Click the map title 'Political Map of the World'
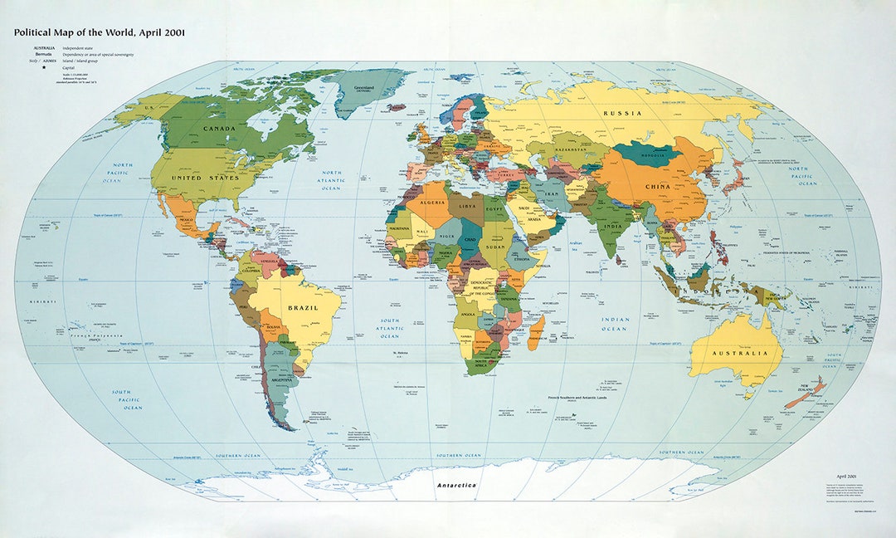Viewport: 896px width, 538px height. tap(99, 32)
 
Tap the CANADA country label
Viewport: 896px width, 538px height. tap(219, 129)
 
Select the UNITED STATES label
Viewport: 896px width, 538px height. tap(205, 178)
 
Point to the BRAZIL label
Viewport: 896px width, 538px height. tap(303, 307)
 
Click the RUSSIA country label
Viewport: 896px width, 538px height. tap(622, 113)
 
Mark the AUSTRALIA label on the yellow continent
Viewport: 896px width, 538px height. tap(735, 353)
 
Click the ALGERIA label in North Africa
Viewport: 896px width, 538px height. tap(436, 201)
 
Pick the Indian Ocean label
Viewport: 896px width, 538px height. tap(615, 324)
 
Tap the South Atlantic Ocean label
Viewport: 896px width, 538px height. tap(390, 328)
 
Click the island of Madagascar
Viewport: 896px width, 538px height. tap(537, 332)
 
